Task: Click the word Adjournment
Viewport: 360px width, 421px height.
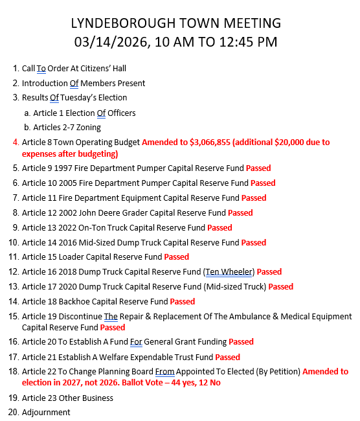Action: tap(46, 413)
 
